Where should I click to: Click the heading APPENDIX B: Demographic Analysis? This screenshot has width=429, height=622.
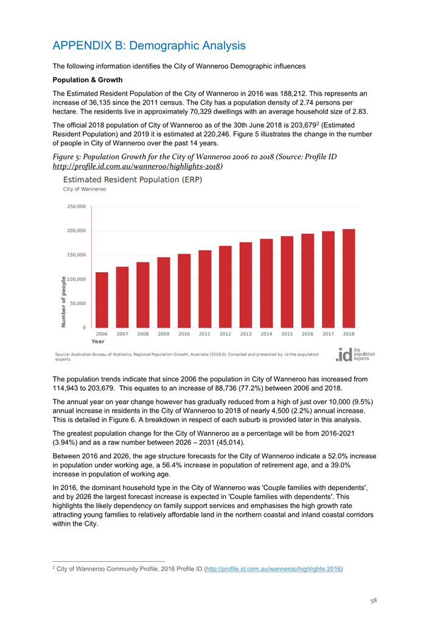(149, 46)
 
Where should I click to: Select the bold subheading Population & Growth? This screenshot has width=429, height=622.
(88, 80)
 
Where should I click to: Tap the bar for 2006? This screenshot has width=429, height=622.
(102, 299)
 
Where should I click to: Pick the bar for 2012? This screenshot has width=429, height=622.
(225, 287)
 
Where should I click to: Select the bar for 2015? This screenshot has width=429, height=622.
(287, 282)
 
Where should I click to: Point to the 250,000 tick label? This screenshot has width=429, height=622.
(76, 207)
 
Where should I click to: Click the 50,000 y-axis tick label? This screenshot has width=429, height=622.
(78, 303)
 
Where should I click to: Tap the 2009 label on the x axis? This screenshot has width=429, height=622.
(164, 334)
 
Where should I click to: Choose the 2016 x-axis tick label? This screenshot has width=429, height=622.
(307, 334)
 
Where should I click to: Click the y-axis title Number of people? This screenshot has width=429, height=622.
(63, 302)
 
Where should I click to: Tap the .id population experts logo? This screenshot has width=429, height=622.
(356, 354)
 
